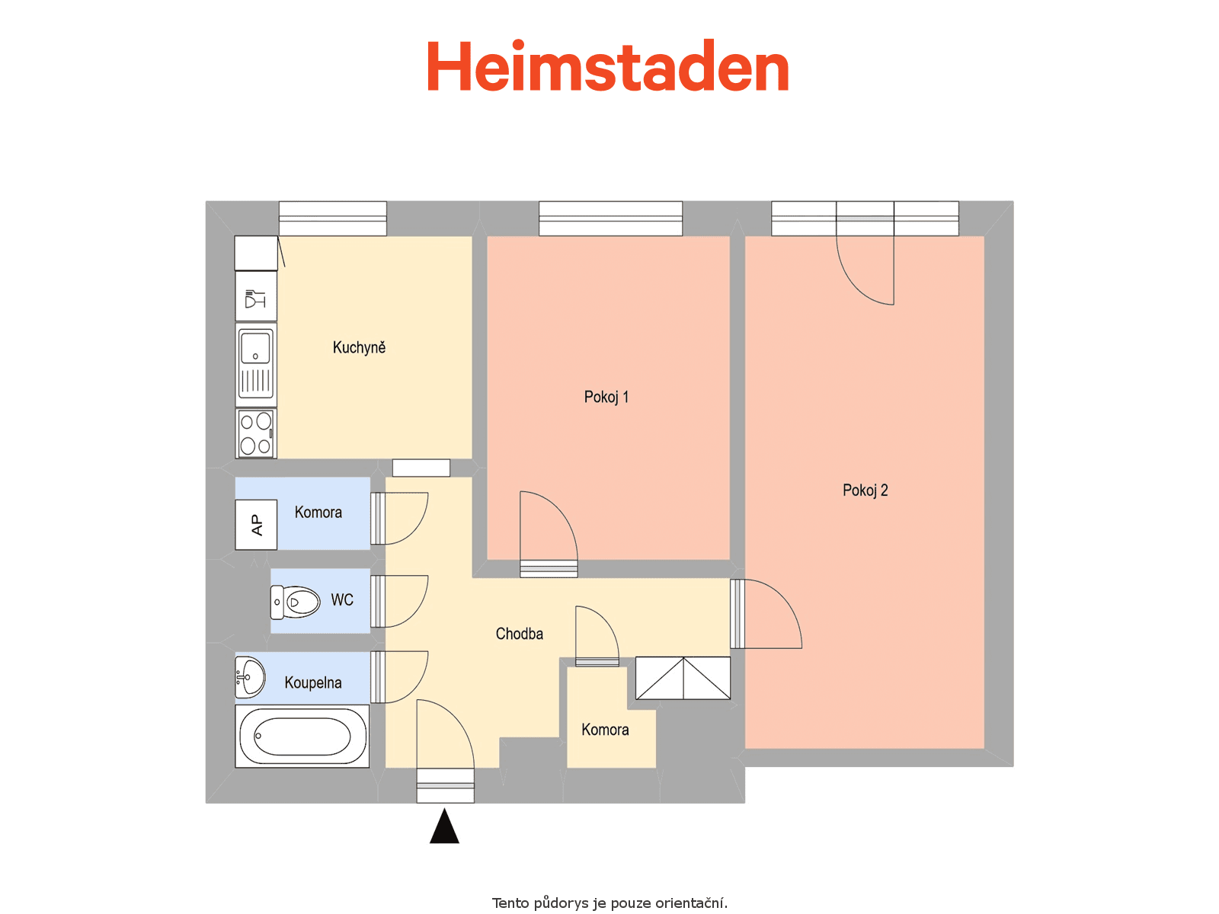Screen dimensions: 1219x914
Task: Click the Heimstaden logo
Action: (x=607, y=66)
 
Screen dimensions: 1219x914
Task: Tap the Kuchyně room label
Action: (x=359, y=347)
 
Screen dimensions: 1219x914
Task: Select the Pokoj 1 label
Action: (x=606, y=397)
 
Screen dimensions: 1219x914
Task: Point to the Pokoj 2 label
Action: (x=865, y=490)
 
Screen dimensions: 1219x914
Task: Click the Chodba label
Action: (x=520, y=634)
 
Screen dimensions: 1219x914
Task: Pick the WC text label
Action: (x=341, y=600)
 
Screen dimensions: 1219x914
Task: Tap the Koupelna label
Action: (x=312, y=682)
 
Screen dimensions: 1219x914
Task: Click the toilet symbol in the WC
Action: (x=295, y=602)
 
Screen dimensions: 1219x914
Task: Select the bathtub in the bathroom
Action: (x=302, y=737)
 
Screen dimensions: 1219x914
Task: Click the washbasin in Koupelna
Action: (x=249, y=678)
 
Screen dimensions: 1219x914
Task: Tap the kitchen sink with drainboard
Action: (x=255, y=365)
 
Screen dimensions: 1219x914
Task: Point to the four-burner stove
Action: (x=255, y=434)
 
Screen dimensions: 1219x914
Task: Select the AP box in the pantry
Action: (x=255, y=525)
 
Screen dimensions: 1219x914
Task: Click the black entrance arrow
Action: (x=444, y=826)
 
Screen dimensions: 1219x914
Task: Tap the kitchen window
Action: (x=332, y=219)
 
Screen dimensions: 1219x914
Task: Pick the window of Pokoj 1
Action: (x=610, y=219)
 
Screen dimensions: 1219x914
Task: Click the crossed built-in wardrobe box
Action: (x=683, y=678)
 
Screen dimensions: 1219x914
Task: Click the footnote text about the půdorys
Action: (x=609, y=903)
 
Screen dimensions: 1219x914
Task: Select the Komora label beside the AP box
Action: (x=318, y=512)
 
